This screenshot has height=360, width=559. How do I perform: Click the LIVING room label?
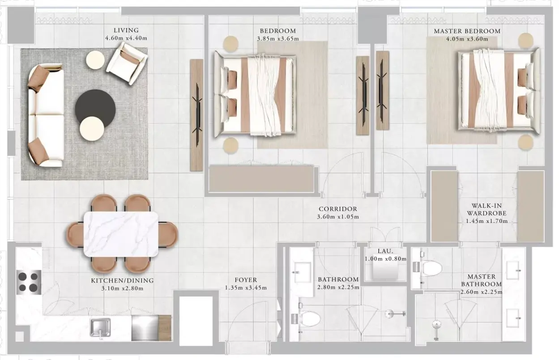pos(126,30)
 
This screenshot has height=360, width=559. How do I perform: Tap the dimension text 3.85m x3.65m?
pos(278,39)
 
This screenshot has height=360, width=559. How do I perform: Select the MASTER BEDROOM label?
pos(467,31)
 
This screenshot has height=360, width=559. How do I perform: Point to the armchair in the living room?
pos(127,63)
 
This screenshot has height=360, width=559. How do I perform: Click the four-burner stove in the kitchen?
pos(29,282)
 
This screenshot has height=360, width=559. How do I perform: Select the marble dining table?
pos(121,234)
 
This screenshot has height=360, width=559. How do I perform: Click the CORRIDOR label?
pos(338,209)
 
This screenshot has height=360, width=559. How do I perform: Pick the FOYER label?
pos(246,280)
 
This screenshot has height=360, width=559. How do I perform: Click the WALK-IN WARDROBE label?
pos(486,209)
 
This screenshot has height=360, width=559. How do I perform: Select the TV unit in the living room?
pos(196,115)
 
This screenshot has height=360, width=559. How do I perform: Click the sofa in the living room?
pos(46,115)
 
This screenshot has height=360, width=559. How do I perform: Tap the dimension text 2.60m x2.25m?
pos(482,292)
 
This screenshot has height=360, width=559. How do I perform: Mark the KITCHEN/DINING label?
pos(122,280)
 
